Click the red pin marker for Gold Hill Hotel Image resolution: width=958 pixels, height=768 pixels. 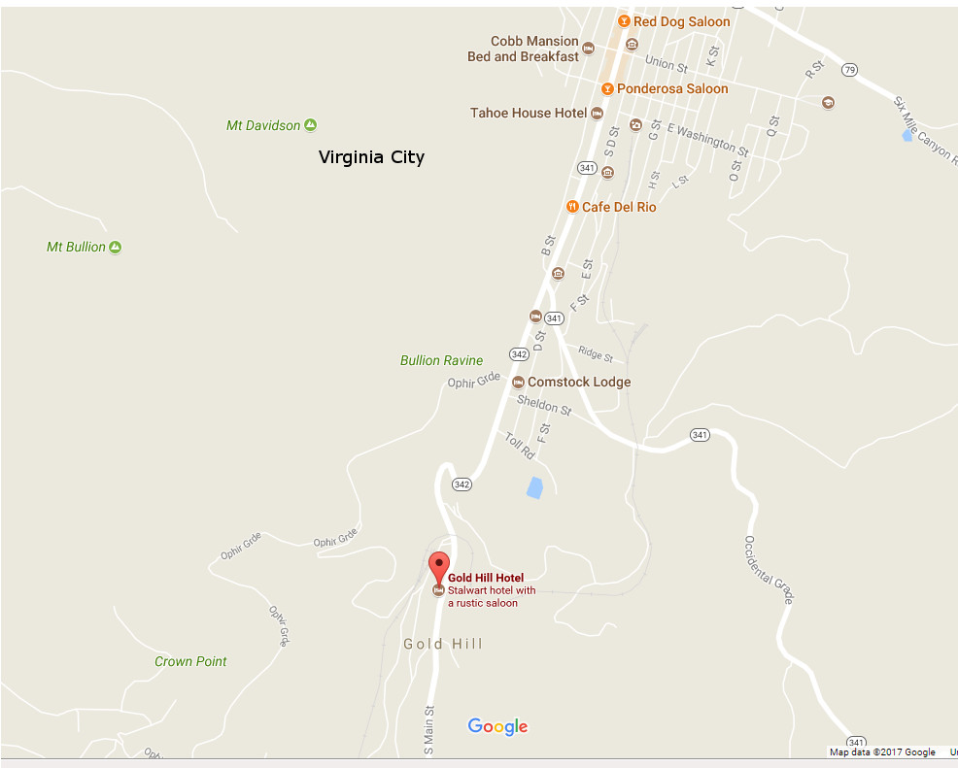coord(439,565)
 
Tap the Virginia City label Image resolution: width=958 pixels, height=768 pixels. coord(371,157)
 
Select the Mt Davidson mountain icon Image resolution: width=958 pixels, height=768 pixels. coord(310,125)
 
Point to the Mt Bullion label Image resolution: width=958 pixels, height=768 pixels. coord(76,248)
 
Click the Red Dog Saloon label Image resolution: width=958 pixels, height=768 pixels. coord(681,21)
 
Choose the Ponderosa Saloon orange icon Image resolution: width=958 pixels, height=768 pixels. coord(607,89)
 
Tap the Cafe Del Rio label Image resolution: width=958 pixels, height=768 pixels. coord(619,208)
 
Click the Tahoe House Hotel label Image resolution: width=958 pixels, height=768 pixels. coord(529,114)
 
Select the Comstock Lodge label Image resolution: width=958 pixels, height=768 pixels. coord(579,383)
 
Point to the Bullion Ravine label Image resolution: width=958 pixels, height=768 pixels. coord(441,361)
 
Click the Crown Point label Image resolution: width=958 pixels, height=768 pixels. coord(190,662)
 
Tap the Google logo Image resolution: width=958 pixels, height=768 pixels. coord(497,726)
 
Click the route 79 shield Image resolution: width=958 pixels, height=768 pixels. coord(850,70)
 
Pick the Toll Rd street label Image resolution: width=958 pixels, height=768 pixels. coord(520,446)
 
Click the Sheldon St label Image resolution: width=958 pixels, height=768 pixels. coord(544,405)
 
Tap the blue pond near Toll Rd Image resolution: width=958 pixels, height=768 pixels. coord(534,487)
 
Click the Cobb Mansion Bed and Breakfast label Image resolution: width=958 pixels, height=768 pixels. coord(523,50)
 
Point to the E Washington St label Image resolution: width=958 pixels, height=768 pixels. coord(707,141)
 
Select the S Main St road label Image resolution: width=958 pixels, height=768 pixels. coord(428,731)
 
